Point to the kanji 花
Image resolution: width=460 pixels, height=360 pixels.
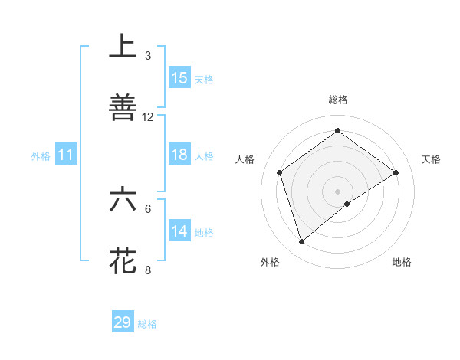[123, 260]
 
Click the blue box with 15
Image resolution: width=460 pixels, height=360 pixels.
[179, 77]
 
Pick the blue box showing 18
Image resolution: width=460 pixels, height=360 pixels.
[179, 155]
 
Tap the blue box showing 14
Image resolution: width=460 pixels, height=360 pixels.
[179, 231]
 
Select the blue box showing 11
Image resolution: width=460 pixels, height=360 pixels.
[66, 155]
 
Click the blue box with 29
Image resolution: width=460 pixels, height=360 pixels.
[123, 322]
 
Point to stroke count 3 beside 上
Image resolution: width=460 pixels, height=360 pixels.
[148, 55]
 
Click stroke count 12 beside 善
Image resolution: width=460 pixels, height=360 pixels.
[148, 116]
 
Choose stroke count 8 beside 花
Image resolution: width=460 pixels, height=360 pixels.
[148, 270]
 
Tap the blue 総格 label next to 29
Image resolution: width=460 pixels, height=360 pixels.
[147, 324]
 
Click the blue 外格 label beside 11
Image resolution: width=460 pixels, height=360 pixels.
[41, 156]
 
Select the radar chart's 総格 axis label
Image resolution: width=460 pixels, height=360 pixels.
[338, 100]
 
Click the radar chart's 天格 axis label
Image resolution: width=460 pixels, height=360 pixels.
[431, 159]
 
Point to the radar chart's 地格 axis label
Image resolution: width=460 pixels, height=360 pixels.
[402, 262]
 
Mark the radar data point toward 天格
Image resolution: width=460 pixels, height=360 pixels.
[396, 172]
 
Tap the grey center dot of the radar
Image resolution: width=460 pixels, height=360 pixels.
[338, 191]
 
